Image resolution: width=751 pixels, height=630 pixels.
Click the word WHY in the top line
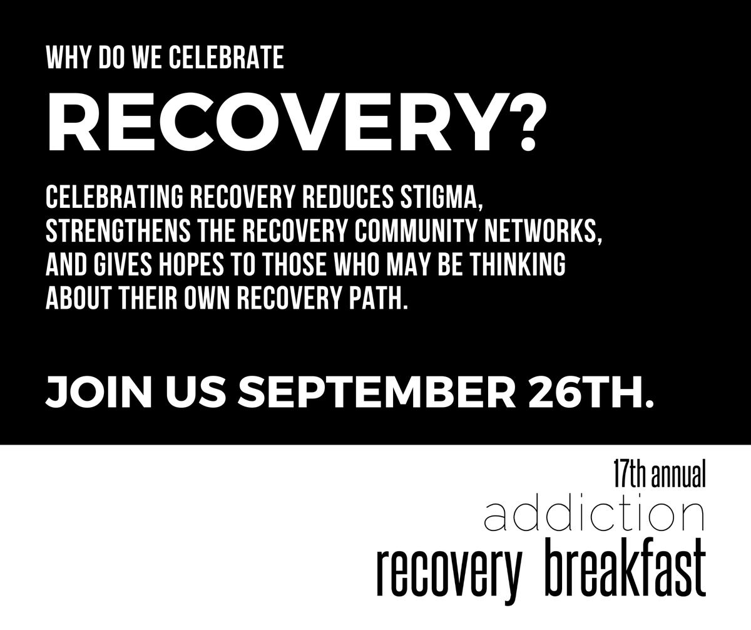[64, 58]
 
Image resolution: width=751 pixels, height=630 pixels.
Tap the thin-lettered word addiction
[595, 515]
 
